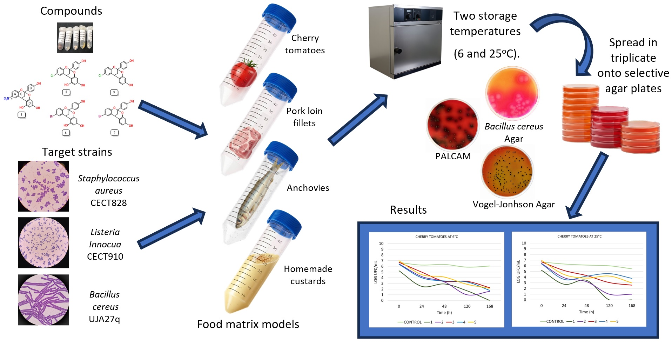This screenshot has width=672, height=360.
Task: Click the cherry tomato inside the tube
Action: (243, 74)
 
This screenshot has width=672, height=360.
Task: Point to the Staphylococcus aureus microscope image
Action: (43, 186)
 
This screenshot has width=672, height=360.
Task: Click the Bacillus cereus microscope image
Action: (43, 300)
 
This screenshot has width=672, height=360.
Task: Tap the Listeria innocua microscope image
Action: (43, 242)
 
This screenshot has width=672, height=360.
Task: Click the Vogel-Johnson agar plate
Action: (507, 172)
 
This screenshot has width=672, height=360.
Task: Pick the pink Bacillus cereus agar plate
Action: (512, 93)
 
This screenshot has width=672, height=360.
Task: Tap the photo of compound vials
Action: (75, 38)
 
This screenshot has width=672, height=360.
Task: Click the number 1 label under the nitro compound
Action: (22, 115)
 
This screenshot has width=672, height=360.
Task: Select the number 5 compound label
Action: (114, 132)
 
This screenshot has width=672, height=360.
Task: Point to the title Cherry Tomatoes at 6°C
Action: (436, 236)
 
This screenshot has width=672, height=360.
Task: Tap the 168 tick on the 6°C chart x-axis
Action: (490, 306)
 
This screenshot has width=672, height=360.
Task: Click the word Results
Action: (408, 210)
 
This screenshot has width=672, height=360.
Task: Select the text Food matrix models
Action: (248, 324)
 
